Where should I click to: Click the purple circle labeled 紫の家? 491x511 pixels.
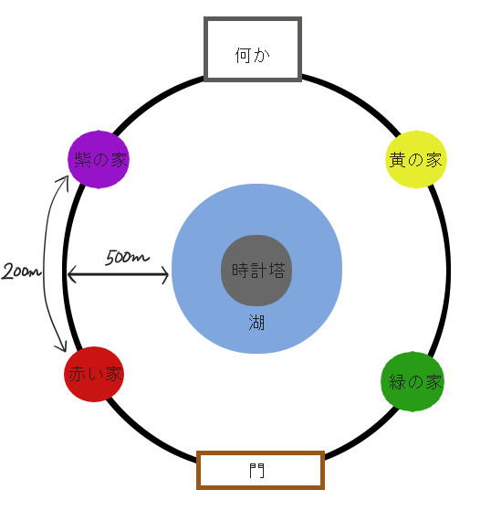click(99, 160)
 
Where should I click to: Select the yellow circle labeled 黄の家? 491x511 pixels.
click(416, 159)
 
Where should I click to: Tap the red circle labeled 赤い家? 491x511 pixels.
click(94, 374)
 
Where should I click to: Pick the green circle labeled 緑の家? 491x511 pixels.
click(413, 381)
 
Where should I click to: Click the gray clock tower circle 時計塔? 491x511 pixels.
click(256, 271)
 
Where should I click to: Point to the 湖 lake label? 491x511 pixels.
click(256, 323)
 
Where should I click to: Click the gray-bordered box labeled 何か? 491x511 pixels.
click(253, 48)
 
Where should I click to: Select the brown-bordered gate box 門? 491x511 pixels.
click(260, 470)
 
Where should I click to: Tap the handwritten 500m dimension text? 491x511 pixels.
click(127, 257)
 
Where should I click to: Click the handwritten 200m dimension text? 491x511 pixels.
click(22, 271)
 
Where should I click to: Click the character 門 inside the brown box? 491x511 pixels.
click(256, 471)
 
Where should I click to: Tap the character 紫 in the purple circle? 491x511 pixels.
click(82, 160)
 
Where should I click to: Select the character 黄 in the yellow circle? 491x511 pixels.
click(397, 160)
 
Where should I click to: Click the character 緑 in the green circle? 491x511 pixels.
click(398, 381)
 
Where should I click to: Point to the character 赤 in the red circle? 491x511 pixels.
click(77, 374)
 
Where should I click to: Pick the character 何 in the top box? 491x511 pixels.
click(243, 56)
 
